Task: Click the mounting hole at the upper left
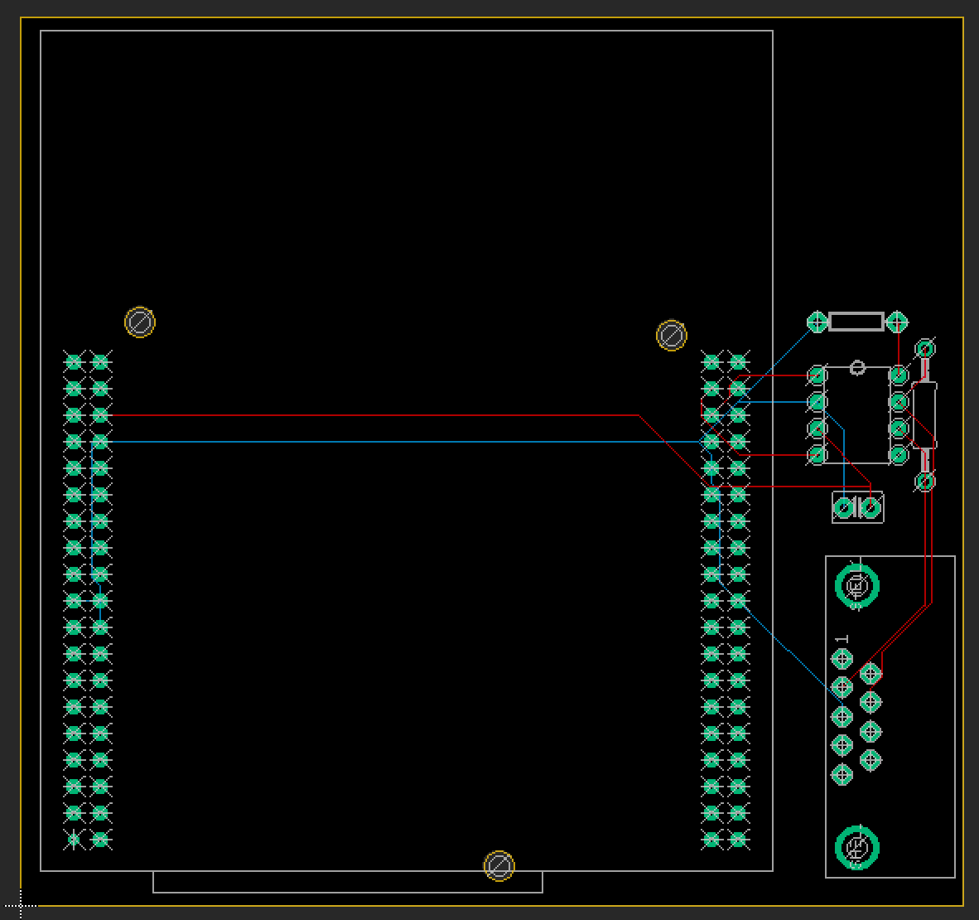click(140, 322)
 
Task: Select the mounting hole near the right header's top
click(671, 336)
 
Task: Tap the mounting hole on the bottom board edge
click(499, 867)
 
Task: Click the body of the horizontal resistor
click(856, 322)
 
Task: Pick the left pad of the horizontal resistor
click(817, 322)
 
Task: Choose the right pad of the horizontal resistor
click(897, 322)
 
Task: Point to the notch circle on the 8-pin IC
click(857, 368)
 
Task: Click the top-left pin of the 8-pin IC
click(817, 376)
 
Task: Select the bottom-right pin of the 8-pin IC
click(898, 455)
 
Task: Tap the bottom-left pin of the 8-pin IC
click(817, 455)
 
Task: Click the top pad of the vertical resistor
click(925, 348)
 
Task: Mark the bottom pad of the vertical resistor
click(925, 481)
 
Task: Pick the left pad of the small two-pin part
click(845, 507)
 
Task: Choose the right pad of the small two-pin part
click(870, 507)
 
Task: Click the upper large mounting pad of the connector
click(857, 586)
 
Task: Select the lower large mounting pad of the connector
click(857, 847)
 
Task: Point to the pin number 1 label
click(842, 639)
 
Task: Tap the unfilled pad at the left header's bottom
click(74, 840)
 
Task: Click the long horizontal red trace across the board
click(373, 415)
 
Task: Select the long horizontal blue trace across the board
click(373, 442)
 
